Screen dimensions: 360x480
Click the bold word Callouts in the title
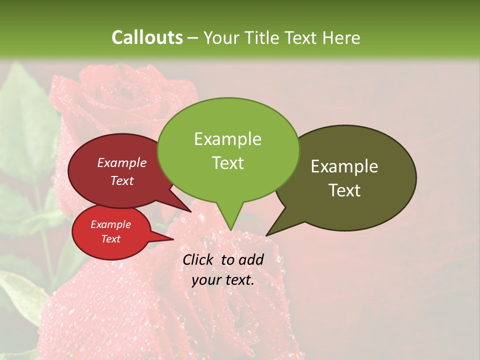click(147, 37)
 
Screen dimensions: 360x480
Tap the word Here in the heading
click(341, 37)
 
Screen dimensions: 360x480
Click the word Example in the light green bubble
click(227, 139)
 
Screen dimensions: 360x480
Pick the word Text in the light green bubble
click(227, 163)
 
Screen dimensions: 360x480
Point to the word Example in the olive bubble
click(344, 166)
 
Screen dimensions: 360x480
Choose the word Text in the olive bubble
click(344, 190)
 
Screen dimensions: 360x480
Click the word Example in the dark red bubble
click(122, 162)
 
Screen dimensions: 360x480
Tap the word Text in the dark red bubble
click(122, 180)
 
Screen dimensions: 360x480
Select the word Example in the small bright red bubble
click(110, 224)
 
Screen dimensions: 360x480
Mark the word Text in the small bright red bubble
click(110, 239)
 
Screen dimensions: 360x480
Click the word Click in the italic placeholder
click(199, 259)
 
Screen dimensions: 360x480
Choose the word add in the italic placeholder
click(251, 259)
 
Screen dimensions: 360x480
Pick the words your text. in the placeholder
click(222, 280)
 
